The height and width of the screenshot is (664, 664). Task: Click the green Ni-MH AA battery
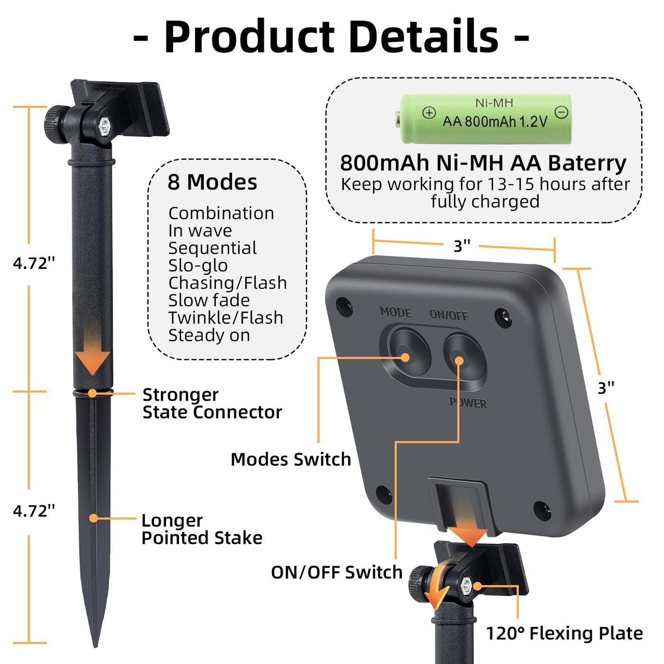pos(485,119)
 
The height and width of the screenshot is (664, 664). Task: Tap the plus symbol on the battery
pos(429,113)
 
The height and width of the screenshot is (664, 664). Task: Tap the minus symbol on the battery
pos(562,112)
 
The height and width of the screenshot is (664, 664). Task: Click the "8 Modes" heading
pos(212,182)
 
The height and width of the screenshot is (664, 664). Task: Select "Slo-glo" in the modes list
pos(198,266)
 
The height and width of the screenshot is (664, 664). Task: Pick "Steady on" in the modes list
pos(209,335)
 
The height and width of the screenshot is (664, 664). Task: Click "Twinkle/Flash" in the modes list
pos(225,318)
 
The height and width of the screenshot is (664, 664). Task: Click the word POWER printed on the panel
pos(468,403)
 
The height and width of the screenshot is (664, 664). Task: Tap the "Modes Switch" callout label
pos(291,459)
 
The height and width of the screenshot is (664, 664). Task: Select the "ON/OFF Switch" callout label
pos(336,572)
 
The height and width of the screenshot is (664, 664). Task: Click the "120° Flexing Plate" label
pos(564,633)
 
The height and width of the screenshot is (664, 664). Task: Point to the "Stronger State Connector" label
pos(212,403)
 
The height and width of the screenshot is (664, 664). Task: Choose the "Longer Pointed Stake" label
pos(202,529)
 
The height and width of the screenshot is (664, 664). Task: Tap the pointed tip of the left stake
pos(95,643)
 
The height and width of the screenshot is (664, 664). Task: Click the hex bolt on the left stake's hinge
pos(104,127)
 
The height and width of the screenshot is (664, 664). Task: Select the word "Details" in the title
pos(425,37)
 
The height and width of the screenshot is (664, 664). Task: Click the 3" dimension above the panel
pos(461,246)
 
